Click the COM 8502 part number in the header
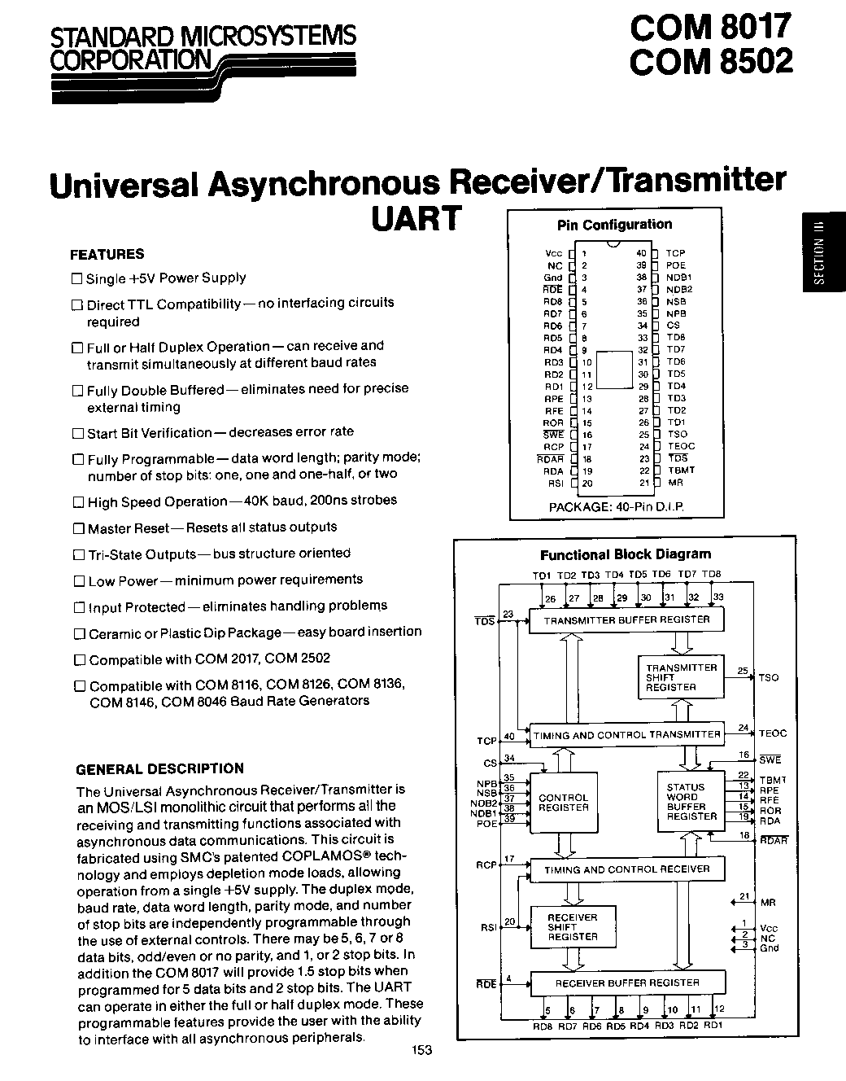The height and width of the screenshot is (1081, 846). [x=709, y=62]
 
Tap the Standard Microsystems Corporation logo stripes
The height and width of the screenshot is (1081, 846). [x=285, y=69]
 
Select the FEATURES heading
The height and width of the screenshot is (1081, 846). [x=107, y=254]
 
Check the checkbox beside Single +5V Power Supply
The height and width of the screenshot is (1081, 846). [x=77, y=278]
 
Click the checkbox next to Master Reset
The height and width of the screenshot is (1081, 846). [x=78, y=528]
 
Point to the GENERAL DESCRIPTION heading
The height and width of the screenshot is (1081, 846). [x=159, y=768]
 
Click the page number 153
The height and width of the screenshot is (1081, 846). [x=421, y=1050]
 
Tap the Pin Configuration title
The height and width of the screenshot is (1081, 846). [x=614, y=225]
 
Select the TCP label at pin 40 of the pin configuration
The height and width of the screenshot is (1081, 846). [x=675, y=253]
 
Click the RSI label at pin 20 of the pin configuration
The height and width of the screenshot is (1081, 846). [x=556, y=484]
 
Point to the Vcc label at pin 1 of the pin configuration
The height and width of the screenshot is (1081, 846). [x=553, y=253]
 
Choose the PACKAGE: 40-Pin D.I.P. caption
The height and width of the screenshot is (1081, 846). [x=616, y=506]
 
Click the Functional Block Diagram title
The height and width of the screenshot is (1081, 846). [x=626, y=555]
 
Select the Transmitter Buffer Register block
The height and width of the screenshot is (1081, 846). [x=626, y=620]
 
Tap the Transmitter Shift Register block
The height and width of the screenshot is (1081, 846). [x=680, y=677]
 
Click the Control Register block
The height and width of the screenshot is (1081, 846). [x=563, y=803]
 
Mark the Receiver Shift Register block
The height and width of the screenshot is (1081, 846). [x=572, y=927]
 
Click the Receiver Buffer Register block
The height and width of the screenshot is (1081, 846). [x=626, y=983]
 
